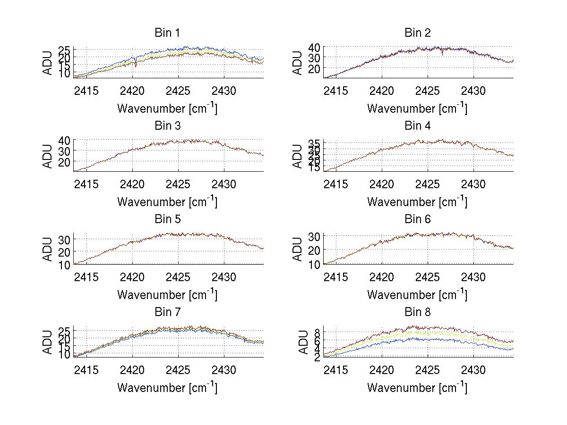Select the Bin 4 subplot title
click(x=417, y=126)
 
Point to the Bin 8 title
click(x=417, y=312)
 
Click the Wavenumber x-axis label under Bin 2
click(x=417, y=108)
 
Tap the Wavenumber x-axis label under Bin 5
click(x=167, y=295)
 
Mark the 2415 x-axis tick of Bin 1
click(x=87, y=90)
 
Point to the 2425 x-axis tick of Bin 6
click(x=428, y=276)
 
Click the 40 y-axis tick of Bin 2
click(x=315, y=47)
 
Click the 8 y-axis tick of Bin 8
click(x=318, y=331)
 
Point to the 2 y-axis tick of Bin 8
click(x=318, y=357)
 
